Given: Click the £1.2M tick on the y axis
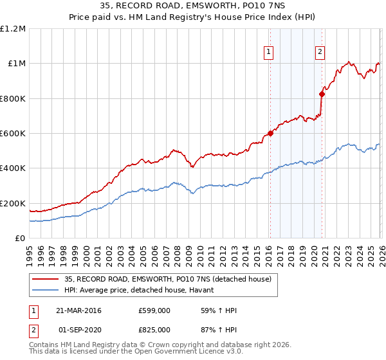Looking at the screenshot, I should (13, 29).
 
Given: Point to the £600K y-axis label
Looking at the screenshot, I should (13, 134).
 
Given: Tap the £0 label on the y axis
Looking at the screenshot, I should (20, 239).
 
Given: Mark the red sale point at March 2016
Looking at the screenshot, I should (270, 134).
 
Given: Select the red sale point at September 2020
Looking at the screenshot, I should (322, 94).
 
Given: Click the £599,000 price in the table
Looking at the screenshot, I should (154, 310).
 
